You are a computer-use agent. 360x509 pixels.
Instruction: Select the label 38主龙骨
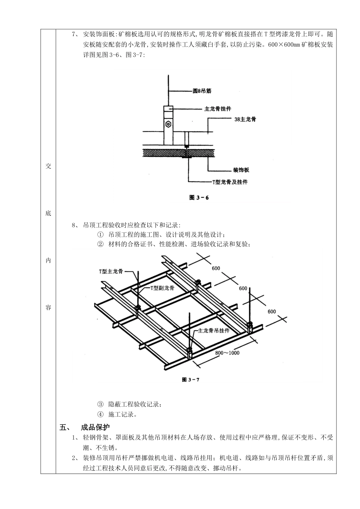point(245,119)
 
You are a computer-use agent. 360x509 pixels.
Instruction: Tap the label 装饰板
point(241,170)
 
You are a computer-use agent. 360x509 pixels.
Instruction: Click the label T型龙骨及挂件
point(230,182)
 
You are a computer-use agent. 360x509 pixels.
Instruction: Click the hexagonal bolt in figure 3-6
point(167,124)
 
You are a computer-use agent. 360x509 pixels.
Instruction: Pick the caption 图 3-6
point(199,197)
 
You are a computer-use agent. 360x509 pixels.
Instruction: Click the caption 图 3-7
point(190,379)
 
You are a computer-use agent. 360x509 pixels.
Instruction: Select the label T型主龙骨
point(111,271)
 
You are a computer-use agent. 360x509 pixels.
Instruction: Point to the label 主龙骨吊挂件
point(213,330)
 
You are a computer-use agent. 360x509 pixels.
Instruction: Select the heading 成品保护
point(95,428)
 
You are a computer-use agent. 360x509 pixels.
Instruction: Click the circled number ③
point(100,404)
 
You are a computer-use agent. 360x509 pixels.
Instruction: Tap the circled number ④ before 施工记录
point(100,414)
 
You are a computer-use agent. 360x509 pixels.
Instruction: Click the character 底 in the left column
point(48,213)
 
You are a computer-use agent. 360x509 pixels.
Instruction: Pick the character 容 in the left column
point(48,308)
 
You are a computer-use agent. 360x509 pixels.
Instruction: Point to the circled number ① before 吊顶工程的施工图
point(100,235)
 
